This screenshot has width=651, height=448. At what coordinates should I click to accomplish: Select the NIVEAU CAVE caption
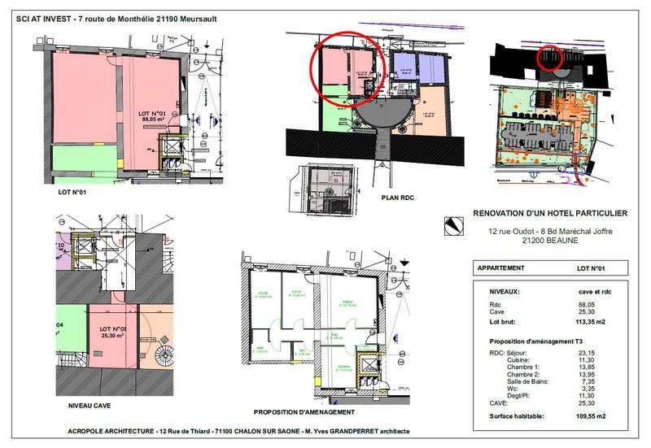pyautogui.click(x=85, y=404)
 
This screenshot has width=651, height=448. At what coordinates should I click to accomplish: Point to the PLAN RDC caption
pyautogui.click(x=399, y=197)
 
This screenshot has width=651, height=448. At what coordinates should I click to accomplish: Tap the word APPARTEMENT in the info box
pyautogui.click(x=500, y=267)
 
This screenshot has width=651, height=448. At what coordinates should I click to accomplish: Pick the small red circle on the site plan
pyautogui.click(x=553, y=59)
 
